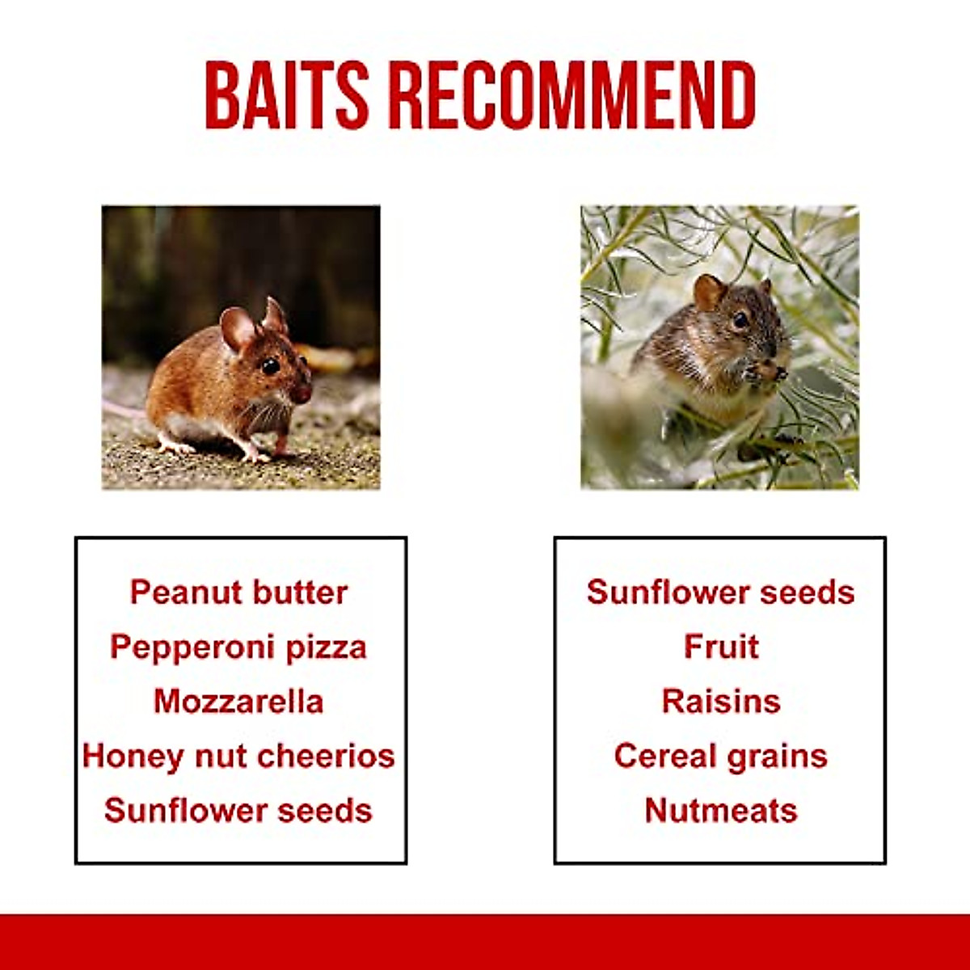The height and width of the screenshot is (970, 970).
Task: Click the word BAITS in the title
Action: pos(287,95)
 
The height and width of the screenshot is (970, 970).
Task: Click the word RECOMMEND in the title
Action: pos(572,95)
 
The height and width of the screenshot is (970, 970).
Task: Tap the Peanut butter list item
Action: pos(238,592)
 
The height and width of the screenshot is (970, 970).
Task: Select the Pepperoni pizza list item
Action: pos(238,647)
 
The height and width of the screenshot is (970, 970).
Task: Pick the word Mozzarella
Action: pos(238,701)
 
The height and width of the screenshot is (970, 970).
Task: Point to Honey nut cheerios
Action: pos(238,757)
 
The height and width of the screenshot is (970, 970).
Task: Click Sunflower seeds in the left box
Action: pos(238,811)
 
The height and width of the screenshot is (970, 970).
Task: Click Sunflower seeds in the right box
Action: pos(721,592)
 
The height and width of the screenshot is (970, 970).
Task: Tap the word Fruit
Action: pos(721,647)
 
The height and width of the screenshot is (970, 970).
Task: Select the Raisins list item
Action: pos(721,701)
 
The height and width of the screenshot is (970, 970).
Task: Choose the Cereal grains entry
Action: pos(721,757)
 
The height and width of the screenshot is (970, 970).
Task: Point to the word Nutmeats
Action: pos(721,811)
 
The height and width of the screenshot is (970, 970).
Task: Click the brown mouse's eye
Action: pos(270,365)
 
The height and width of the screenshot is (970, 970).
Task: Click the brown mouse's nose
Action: pos(302,393)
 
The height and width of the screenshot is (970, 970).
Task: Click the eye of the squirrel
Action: pos(740,320)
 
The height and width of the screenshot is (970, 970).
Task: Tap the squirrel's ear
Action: pos(709,292)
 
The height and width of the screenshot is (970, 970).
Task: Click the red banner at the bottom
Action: pos(485,943)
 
